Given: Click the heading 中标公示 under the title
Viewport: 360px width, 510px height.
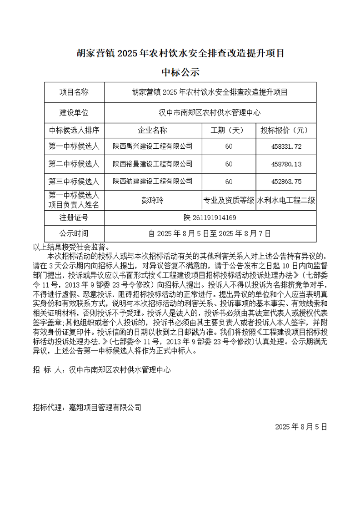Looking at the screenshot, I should [180, 72].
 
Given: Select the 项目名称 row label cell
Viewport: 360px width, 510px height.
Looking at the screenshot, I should [74, 92].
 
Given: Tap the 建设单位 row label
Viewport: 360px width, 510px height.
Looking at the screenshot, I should [74, 112].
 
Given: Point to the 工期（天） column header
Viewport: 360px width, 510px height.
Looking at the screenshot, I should [229, 131].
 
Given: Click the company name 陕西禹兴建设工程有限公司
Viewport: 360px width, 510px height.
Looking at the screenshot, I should [153, 146].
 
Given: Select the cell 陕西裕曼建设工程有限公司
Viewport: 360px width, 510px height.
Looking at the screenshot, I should [153, 164].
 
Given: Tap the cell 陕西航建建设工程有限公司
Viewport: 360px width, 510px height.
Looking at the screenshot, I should [153, 182].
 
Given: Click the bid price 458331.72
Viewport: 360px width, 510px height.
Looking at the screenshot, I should [286, 146].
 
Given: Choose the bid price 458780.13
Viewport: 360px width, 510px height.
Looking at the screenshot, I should [286, 164].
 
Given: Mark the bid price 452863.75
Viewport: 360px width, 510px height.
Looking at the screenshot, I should [286, 182].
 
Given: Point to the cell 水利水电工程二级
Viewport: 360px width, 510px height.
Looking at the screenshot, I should [286, 200].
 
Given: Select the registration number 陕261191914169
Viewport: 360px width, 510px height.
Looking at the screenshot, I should [210, 218].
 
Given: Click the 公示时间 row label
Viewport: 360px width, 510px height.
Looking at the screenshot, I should [74, 234].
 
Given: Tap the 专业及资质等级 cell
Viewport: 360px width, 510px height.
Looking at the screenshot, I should [229, 200].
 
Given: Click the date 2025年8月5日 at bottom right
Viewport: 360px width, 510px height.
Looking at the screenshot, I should [301, 427].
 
